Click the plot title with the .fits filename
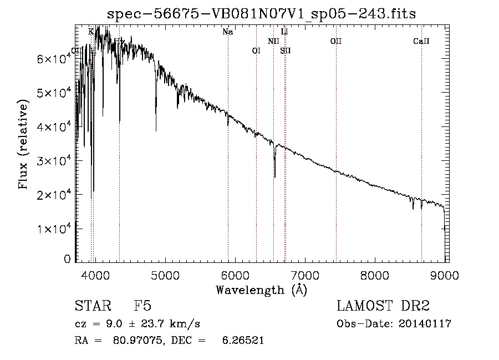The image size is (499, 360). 261,13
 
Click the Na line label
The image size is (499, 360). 227,32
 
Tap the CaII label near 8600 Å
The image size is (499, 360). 421,41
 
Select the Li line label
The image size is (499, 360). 284,32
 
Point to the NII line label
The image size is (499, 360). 273,41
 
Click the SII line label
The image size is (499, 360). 286,50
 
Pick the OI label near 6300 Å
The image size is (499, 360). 256,50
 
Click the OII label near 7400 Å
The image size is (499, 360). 335,41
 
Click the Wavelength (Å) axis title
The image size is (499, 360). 261,289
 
